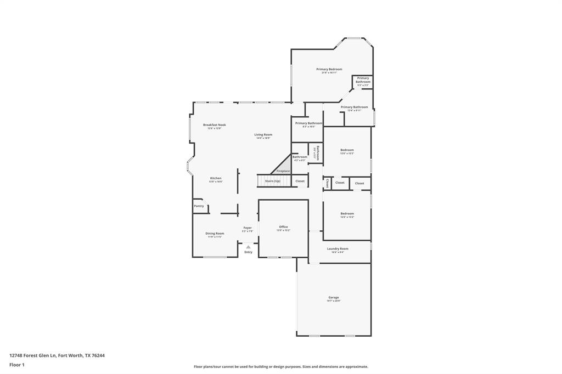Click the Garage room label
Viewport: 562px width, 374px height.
334,298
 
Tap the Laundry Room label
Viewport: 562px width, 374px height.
338,249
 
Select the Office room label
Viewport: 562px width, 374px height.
283,227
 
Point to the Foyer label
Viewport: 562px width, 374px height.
248,228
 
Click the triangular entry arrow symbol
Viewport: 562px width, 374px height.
248,247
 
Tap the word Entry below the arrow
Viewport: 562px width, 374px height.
248,252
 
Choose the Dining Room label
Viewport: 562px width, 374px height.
215,234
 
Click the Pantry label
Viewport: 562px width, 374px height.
199,206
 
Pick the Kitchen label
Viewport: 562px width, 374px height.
216,178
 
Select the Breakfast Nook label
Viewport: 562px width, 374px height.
214,125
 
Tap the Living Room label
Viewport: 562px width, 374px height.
263,135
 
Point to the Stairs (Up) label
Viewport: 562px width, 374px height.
272,181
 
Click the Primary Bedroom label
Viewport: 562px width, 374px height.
329,69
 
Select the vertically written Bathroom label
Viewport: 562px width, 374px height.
317,152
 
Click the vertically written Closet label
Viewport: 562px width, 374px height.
327,182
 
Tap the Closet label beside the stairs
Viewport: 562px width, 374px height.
300,181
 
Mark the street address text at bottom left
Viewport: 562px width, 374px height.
57,355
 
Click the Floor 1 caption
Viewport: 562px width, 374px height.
17,364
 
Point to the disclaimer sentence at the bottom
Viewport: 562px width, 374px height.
280,367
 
